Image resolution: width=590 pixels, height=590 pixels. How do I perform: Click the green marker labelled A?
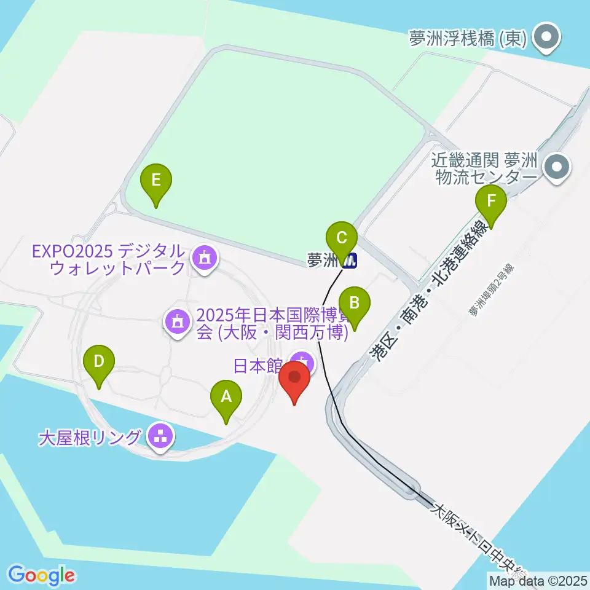click(226, 397)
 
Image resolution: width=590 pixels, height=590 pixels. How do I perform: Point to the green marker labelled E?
click(156, 182)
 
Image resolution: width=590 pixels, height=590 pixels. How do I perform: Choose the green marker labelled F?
click(490, 202)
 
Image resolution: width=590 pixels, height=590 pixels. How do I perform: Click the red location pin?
click(294, 379)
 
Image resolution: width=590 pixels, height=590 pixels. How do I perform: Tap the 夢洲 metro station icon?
click(350, 261)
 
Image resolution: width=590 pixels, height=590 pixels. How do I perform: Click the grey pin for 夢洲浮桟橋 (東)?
click(545, 38)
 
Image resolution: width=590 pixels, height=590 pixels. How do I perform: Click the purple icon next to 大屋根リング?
click(161, 438)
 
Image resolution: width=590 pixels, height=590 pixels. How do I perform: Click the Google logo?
click(41, 575)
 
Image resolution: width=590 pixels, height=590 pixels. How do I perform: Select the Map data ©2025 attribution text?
click(538, 580)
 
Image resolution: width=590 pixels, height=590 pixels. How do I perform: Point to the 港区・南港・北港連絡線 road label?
click(430, 293)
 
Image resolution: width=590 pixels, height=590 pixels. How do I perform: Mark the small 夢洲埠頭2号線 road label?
click(494, 291)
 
